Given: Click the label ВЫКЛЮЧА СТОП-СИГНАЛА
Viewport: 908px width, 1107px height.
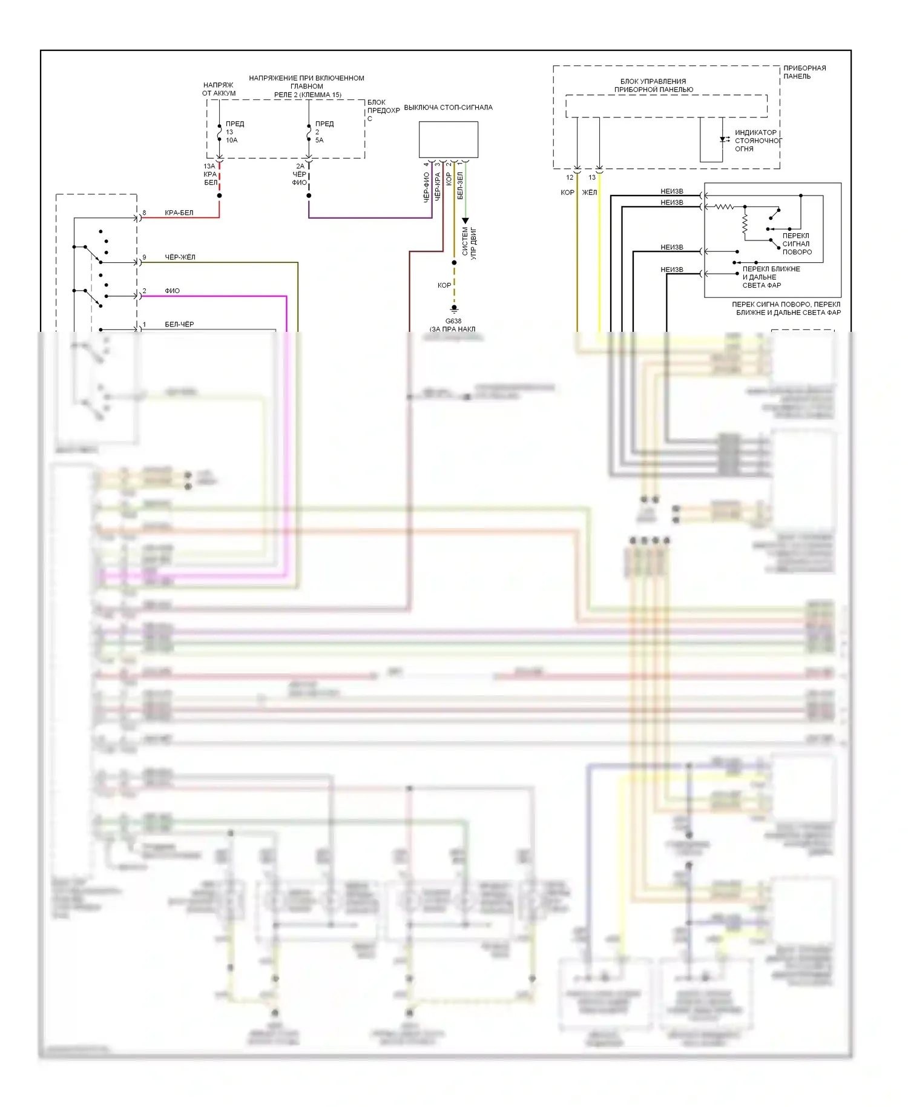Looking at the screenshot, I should click(448, 108).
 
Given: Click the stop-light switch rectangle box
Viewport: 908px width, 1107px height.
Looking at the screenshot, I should click(449, 139).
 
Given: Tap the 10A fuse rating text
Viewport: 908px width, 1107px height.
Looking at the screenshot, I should click(232, 140).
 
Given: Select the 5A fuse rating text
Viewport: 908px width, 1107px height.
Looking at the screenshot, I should click(319, 140).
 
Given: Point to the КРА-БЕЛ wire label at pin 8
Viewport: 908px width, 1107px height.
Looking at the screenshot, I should click(179, 213).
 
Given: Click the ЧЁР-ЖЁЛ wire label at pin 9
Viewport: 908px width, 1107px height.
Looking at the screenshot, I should click(180, 257).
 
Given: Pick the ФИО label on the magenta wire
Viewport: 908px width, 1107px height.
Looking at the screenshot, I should click(172, 291).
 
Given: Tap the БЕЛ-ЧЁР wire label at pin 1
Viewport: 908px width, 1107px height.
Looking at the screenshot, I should click(179, 325).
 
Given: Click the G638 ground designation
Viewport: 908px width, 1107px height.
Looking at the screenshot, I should click(453, 322).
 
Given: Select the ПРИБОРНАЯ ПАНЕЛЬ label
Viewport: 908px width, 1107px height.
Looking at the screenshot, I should click(804, 72).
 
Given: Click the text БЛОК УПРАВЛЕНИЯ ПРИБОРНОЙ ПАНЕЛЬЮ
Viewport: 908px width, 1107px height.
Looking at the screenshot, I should click(653, 85).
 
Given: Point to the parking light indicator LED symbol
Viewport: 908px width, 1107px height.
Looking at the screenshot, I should click(723, 140).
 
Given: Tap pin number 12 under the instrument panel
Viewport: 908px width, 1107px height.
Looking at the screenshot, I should click(570, 178).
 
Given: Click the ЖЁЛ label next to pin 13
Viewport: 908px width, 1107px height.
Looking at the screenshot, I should click(589, 193).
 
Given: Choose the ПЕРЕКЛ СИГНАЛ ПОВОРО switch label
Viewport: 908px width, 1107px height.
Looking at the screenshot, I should click(797, 244).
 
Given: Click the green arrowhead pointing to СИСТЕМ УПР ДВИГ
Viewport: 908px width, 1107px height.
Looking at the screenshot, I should click(465, 221).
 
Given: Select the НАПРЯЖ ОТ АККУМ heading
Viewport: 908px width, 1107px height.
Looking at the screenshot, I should click(219, 89).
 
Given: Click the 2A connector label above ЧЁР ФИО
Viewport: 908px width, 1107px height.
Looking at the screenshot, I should click(300, 167).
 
